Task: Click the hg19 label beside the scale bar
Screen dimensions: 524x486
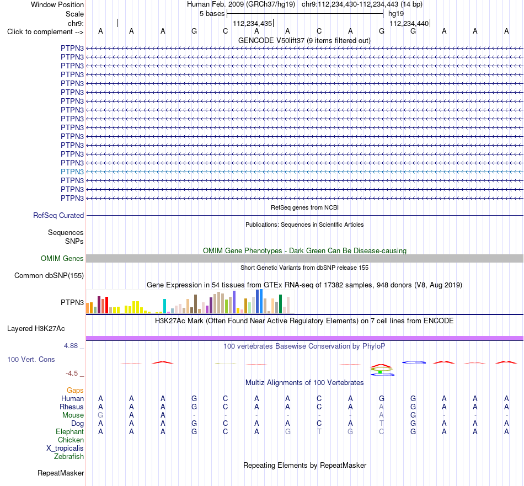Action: (x=396, y=14)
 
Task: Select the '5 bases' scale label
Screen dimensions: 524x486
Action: (x=212, y=14)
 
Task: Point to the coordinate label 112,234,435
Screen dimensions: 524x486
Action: (x=252, y=23)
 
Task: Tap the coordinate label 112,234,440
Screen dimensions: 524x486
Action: (x=409, y=23)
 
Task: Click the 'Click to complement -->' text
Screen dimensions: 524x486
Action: (x=45, y=32)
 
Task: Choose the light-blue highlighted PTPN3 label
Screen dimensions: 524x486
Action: (x=72, y=172)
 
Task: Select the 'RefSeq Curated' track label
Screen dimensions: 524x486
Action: (x=58, y=216)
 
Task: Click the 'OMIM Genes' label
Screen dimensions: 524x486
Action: (x=62, y=258)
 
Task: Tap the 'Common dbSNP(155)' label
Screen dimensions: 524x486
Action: (x=49, y=276)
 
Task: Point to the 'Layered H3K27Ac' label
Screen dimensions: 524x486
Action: (x=36, y=329)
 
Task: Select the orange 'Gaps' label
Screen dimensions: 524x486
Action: (x=75, y=391)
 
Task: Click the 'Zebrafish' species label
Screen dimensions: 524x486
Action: (x=69, y=457)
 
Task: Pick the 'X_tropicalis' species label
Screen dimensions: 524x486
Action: (x=65, y=448)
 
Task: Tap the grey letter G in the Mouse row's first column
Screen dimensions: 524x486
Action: (x=100, y=415)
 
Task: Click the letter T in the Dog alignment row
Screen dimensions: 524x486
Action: (x=382, y=424)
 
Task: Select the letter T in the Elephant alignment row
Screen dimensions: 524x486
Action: (x=319, y=432)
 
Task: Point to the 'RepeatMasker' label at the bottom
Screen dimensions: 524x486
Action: (x=61, y=473)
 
